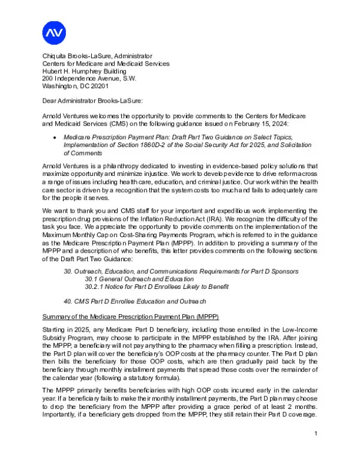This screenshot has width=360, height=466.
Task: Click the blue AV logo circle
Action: [53, 32]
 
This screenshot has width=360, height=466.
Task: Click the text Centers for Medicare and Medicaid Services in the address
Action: [106, 63]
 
